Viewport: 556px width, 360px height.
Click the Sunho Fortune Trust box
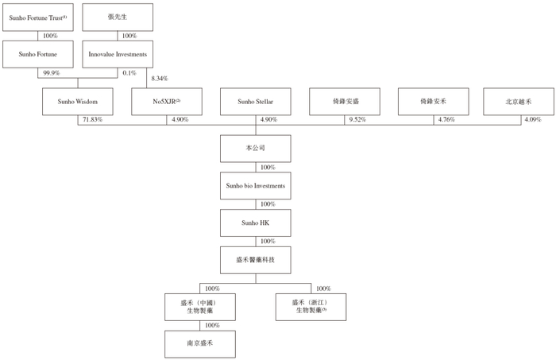click(x=38, y=17)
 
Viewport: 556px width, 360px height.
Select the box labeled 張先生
click(x=118, y=17)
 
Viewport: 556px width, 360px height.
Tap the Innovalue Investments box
click(x=118, y=54)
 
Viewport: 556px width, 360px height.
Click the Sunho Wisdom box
click(x=78, y=102)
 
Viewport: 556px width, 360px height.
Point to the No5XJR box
click(x=167, y=102)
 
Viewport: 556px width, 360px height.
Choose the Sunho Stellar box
click(x=256, y=102)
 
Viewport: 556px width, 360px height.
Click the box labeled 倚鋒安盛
click(x=345, y=102)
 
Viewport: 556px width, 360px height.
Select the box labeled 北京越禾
click(x=519, y=102)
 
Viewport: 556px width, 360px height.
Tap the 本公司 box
click(x=256, y=149)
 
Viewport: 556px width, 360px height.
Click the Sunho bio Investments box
click(x=256, y=186)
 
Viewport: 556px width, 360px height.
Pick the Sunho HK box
click(x=256, y=223)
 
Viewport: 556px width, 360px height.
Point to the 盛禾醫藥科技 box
click(x=256, y=260)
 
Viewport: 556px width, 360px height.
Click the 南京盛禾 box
click(x=200, y=344)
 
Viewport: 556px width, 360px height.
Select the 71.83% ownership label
click(x=93, y=119)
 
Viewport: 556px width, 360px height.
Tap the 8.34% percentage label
click(x=160, y=79)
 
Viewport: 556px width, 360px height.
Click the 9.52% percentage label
click(x=357, y=119)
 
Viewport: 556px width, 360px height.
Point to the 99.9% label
click(x=52, y=73)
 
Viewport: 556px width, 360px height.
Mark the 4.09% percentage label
click(x=533, y=119)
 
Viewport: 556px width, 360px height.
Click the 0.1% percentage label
click(x=129, y=73)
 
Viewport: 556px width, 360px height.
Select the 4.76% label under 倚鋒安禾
click(x=446, y=119)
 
